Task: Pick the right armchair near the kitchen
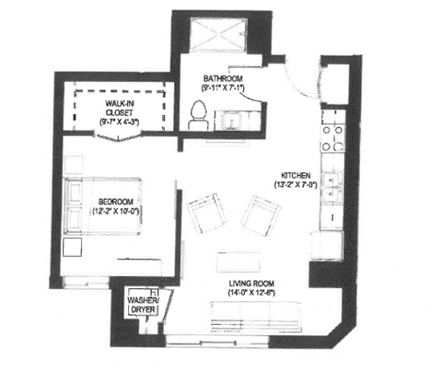(262, 215)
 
